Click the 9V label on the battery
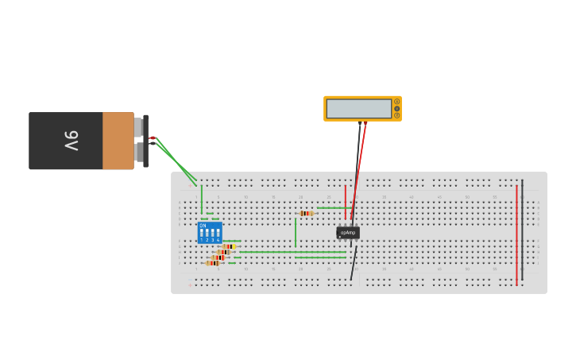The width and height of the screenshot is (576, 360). pos(72,141)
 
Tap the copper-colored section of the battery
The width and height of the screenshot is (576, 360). pos(118,141)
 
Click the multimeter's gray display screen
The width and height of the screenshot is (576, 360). pos(358,109)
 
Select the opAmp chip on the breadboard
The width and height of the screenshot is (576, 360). pos(348,232)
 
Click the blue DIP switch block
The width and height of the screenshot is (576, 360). pos(210,232)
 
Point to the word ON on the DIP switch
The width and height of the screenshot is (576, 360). pos(203,226)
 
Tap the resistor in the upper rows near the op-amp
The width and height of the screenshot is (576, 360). pos(306,213)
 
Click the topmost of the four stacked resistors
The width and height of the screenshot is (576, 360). pos(230,246)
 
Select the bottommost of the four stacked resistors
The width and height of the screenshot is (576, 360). pos(213,263)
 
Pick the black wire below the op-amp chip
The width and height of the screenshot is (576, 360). pos(354,263)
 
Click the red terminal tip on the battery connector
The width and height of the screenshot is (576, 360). pos(152,138)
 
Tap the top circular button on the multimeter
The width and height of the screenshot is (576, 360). pos(396,102)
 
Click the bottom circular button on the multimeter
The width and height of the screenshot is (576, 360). pos(396,115)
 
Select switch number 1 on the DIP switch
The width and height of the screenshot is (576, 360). pos(202,234)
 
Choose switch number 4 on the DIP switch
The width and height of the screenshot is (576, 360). pos(218,234)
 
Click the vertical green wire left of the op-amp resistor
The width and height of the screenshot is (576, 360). pos(296,231)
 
